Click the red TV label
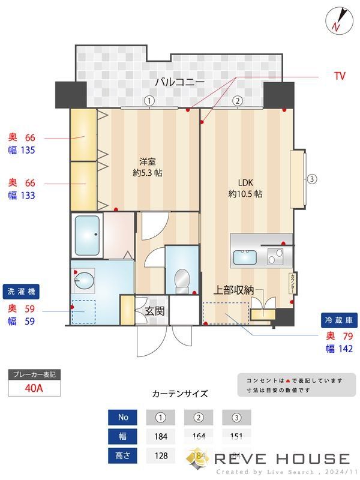[x=340, y=77]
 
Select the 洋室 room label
[x=148, y=161]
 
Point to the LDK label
[x=246, y=183]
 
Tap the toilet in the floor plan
[x=181, y=280]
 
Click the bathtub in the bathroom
[x=87, y=235]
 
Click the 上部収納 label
[x=234, y=290]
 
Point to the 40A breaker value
[x=34, y=387]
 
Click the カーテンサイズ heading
[x=180, y=394]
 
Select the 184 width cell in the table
[x=160, y=436]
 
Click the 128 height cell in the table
[x=160, y=455]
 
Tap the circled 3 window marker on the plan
[x=312, y=179]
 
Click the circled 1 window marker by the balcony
[x=149, y=101]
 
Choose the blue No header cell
[x=123, y=417]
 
